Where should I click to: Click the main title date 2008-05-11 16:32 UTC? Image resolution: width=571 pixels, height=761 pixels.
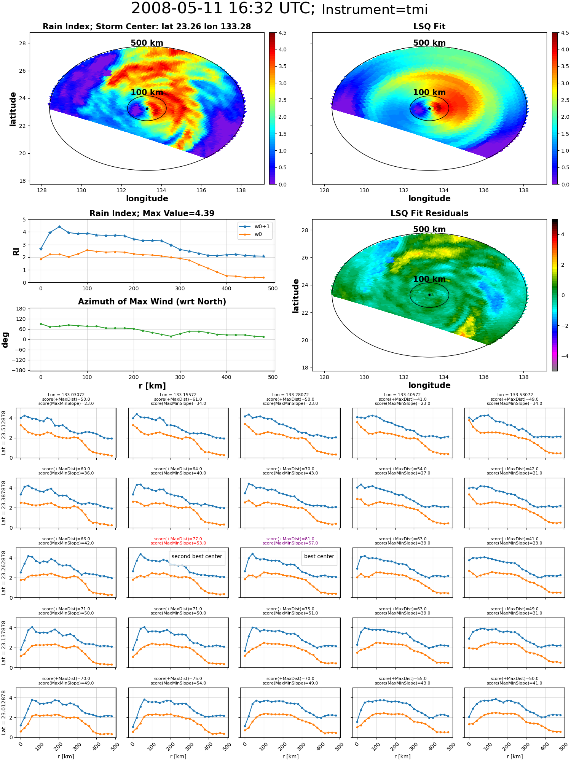pyautogui.click(x=223, y=9)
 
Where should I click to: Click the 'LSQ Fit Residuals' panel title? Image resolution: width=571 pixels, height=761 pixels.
pyautogui.click(x=429, y=213)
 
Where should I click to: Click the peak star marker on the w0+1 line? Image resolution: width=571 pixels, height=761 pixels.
pyautogui.click(x=59, y=227)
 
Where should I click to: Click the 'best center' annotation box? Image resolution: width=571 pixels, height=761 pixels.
pyautogui.click(x=319, y=556)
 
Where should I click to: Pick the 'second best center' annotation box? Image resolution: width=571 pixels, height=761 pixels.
pyautogui.click(x=197, y=556)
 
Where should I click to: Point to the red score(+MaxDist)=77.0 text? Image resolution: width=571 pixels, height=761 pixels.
pyautogui.click(x=178, y=539)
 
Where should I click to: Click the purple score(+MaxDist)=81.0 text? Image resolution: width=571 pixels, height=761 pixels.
pyautogui.click(x=290, y=539)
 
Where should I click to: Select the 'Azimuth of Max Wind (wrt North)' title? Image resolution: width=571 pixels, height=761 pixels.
pyautogui.click(x=152, y=302)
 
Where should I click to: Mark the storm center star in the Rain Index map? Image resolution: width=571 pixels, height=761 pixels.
pyautogui.click(x=147, y=108)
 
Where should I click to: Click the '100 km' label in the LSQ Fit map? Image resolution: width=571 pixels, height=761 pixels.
pyautogui.click(x=429, y=92)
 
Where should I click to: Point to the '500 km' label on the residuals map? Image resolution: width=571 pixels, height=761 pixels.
pyautogui.click(x=429, y=229)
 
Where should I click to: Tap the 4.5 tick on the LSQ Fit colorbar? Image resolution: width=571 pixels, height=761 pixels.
pyautogui.click(x=566, y=33)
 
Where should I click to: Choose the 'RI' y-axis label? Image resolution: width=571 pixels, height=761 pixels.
pyautogui.click(x=16, y=252)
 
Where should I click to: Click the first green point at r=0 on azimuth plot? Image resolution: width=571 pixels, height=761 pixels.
pyautogui.click(x=41, y=324)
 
